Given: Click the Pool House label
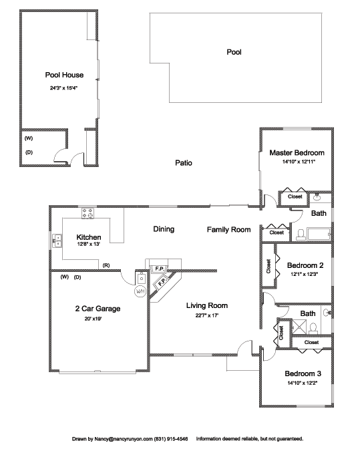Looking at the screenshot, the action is [x=64, y=75].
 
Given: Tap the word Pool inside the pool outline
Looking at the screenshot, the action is [x=234, y=52].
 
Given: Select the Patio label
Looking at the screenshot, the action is [x=184, y=163].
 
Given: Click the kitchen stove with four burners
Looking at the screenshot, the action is [x=87, y=213].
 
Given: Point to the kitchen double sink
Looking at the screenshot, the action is [x=57, y=241].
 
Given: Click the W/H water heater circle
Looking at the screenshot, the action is [x=140, y=291].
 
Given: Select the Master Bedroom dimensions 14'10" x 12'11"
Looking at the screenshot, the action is [x=299, y=162].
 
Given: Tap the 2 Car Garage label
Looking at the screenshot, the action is [x=98, y=309].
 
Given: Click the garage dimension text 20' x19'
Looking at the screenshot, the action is [x=93, y=319].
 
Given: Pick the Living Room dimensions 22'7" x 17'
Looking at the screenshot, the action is [x=206, y=315].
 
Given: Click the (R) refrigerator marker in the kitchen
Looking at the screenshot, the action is [x=106, y=265].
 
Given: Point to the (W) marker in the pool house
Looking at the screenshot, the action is [x=29, y=138].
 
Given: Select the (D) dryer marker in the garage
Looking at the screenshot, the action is [x=77, y=277].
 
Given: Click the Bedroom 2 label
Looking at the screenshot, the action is [x=305, y=265].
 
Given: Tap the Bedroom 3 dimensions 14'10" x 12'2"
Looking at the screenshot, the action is [x=303, y=383].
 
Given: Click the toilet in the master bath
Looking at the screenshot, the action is [x=301, y=235].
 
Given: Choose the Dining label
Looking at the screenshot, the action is [x=164, y=229].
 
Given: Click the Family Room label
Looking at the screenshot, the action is [x=228, y=230].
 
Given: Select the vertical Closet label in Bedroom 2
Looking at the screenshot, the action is [x=268, y=266].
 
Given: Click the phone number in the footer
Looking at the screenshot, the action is [x=171, y=439].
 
